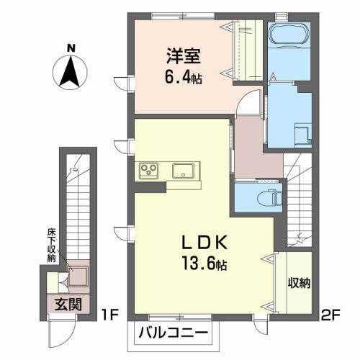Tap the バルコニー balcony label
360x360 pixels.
coord(174,333)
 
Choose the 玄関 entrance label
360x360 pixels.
coord(66,304)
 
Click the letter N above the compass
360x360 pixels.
coord(70,49)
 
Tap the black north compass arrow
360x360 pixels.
coord(70,73)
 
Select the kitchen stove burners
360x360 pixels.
coord(150,171)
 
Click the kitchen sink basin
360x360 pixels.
coord(183,171)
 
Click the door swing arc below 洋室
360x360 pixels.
coord(247,105)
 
